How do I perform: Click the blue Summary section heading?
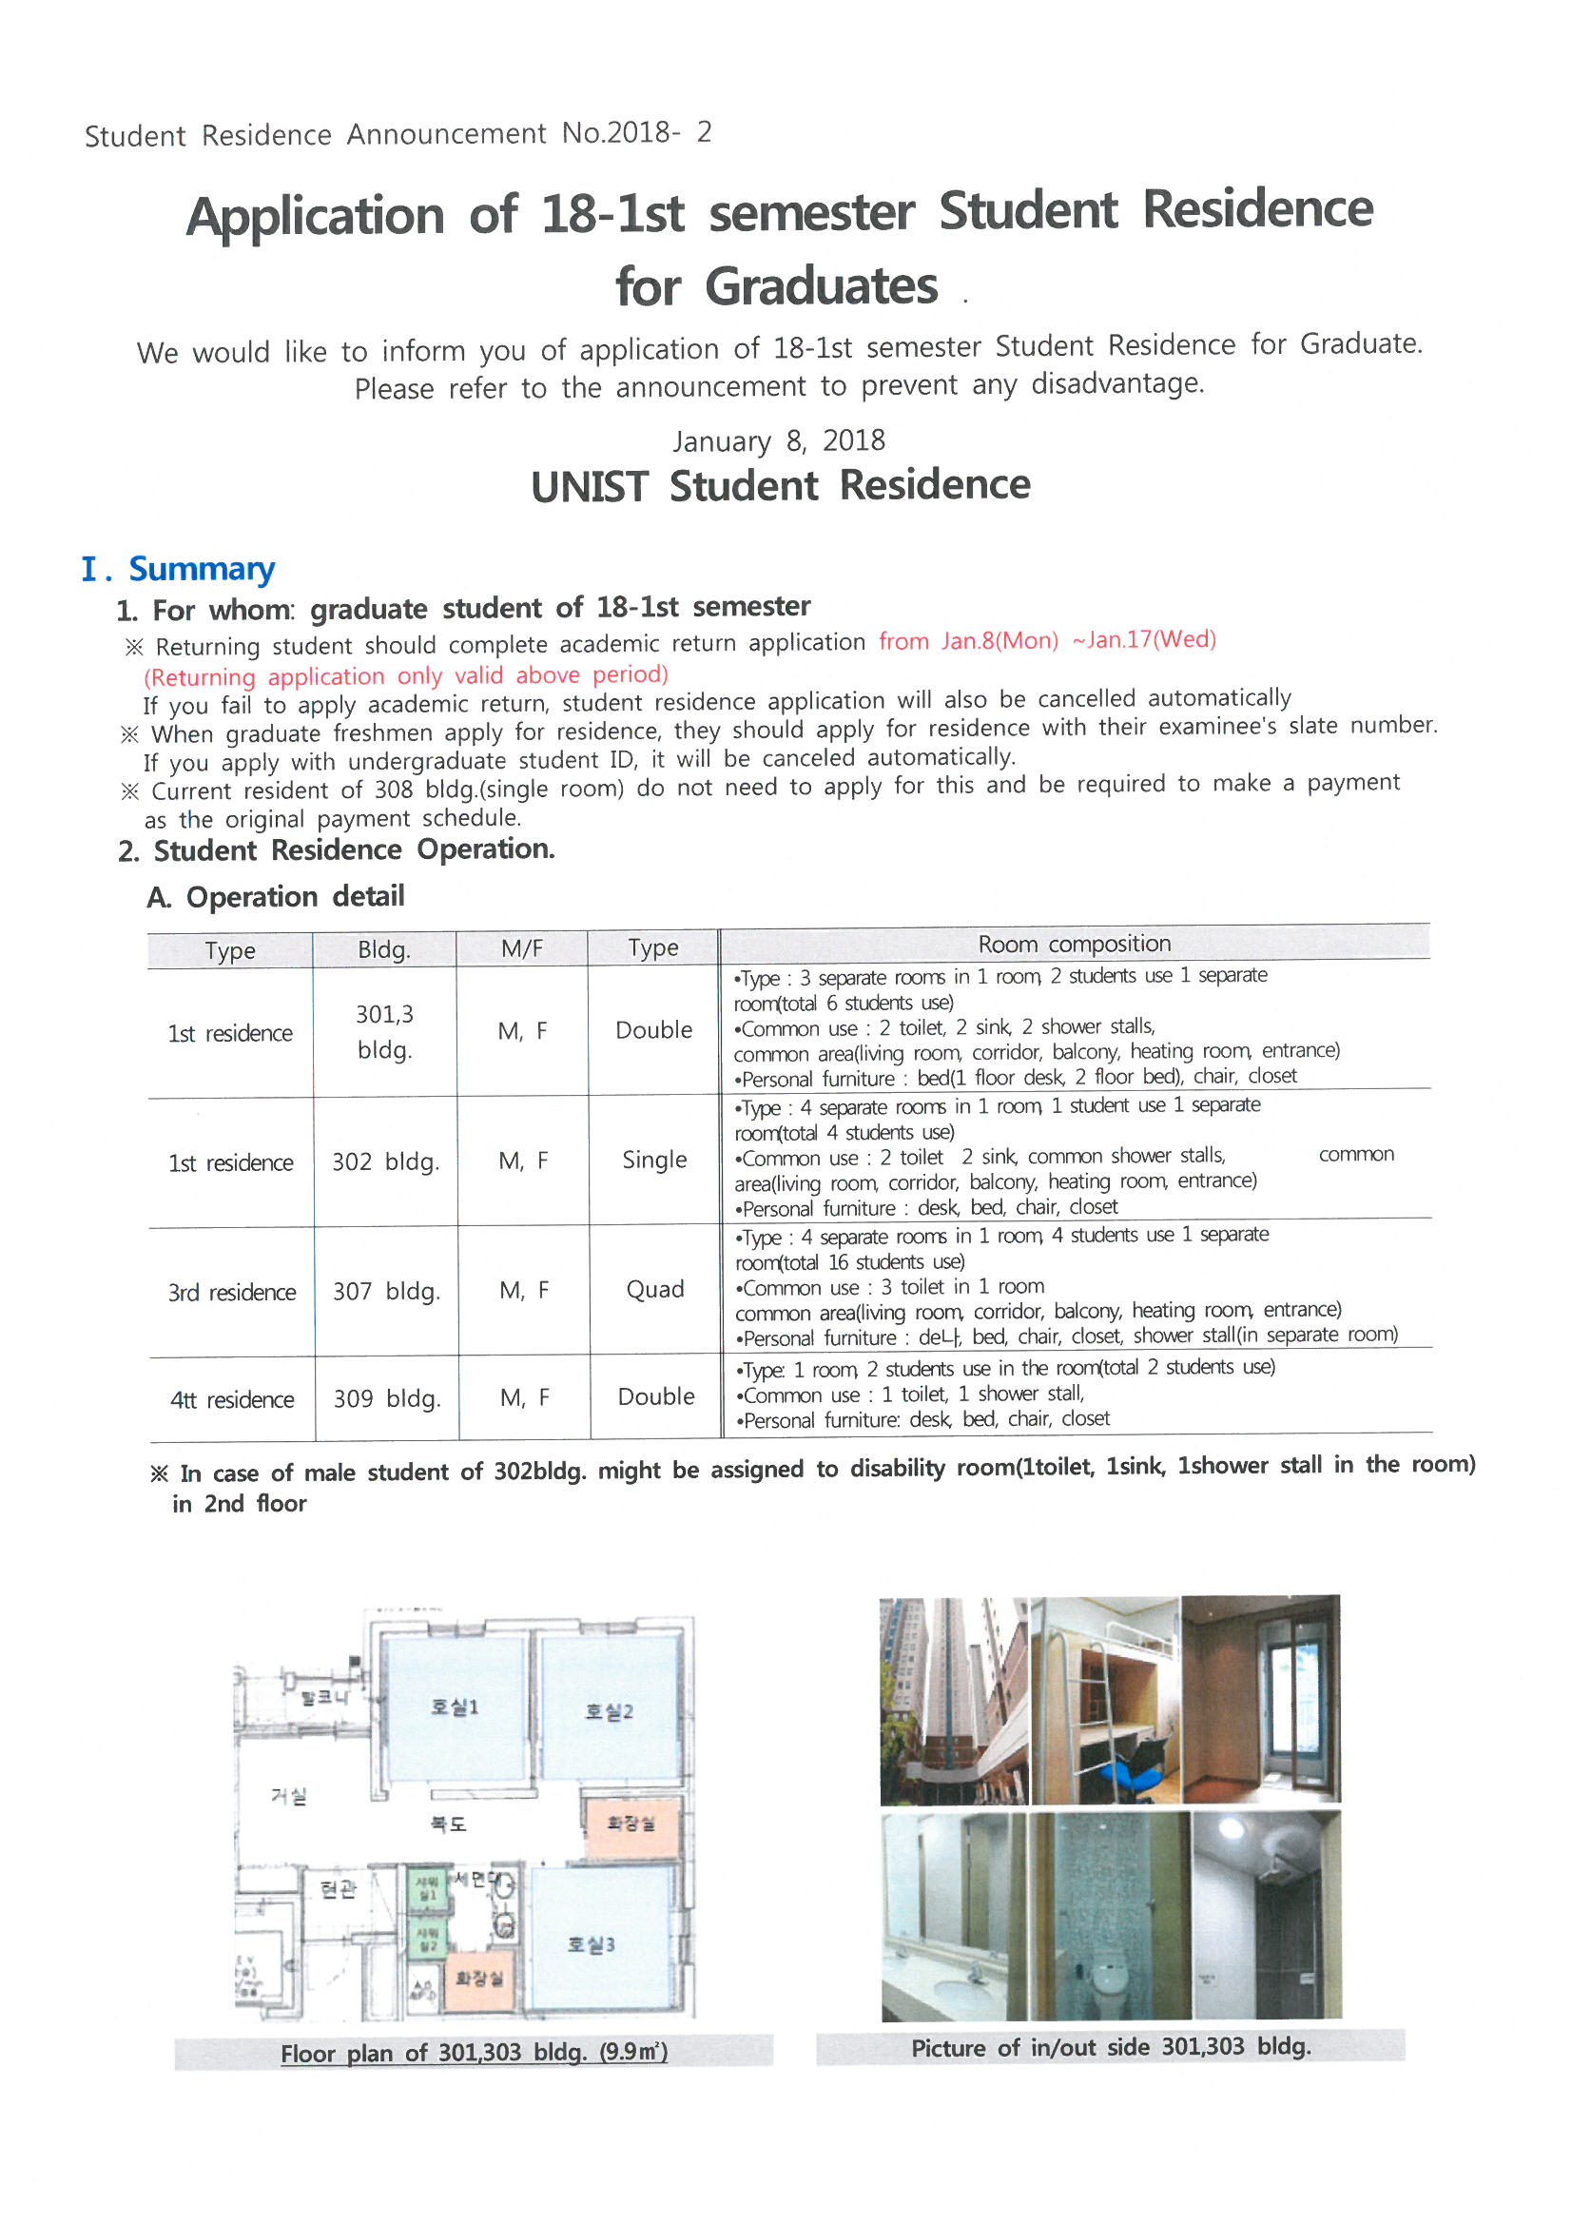click(202, 569)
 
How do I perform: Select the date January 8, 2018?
click(779, 441)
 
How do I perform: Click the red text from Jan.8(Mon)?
click(968, 641)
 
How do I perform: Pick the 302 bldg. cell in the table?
click(385, 1161)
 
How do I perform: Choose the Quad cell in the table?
click(654, 1289)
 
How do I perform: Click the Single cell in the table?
click(654, 1160)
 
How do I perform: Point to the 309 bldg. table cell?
click(387, 1398)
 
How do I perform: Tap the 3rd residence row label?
click(231, 1292)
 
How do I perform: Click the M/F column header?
click(521, 949)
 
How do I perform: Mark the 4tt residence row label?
click(231, 1399)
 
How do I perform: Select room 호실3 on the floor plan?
click(591, 1944)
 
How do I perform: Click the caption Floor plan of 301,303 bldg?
click(474, 2052)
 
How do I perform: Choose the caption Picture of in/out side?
click(1110, 2047)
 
